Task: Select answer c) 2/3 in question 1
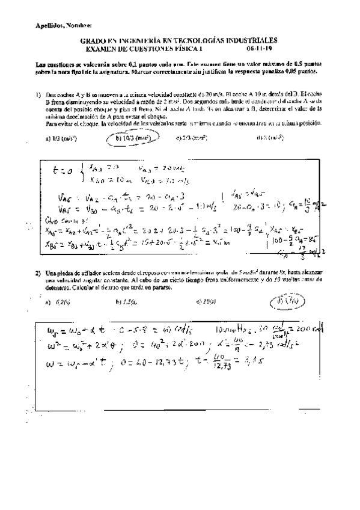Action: (192, 137)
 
